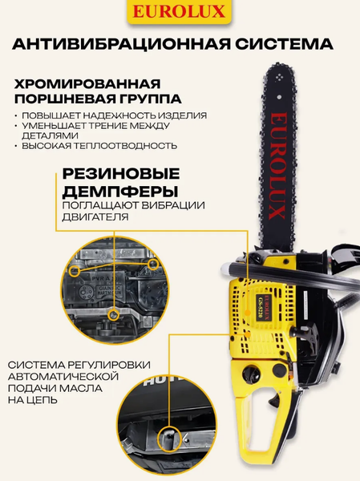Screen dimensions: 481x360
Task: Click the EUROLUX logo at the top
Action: tap(180, 13)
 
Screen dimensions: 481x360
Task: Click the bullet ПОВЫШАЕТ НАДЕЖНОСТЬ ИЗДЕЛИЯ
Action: tap(114, 115)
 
